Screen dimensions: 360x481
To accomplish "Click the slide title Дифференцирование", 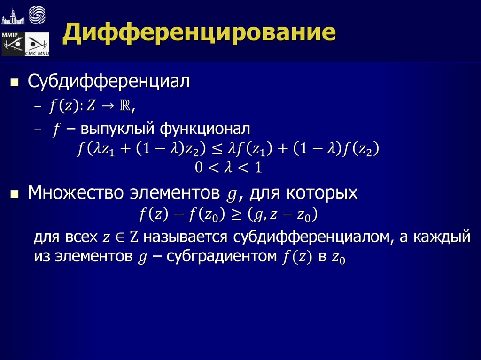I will point(200,34).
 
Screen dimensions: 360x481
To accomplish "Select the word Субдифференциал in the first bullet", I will point(109,82).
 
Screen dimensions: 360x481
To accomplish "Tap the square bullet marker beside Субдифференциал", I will point(15,84).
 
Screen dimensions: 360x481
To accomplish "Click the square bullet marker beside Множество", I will point(15,194).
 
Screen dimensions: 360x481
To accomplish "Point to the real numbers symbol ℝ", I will point(125,107).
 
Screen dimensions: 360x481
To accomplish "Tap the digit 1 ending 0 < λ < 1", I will point(257,168).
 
